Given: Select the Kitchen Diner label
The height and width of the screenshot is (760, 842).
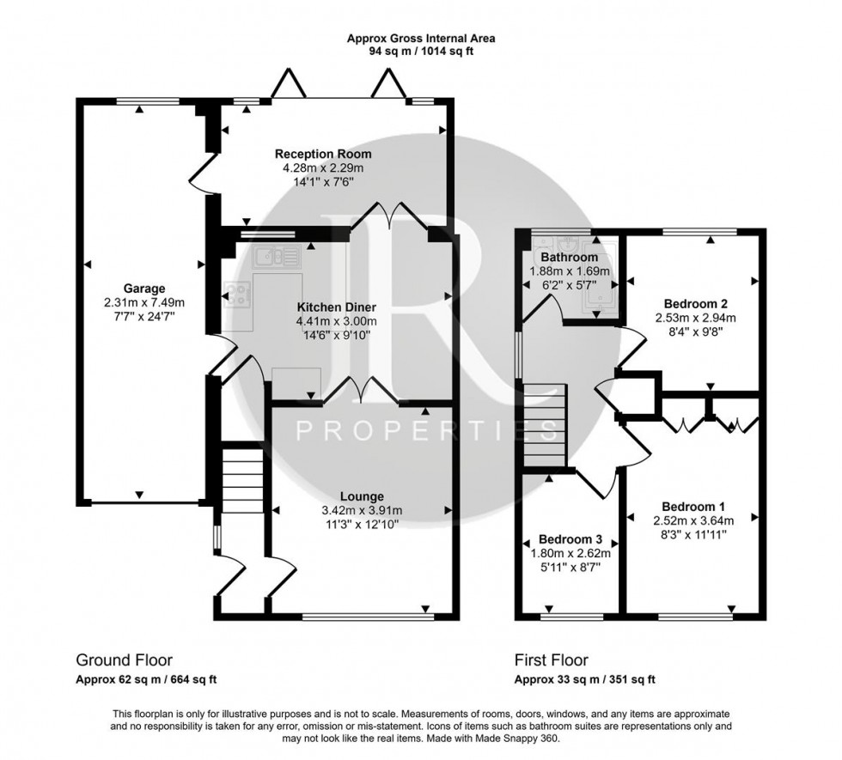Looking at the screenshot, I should (x=335, y=307).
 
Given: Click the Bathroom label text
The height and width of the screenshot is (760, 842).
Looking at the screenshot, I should (x=569, y=257).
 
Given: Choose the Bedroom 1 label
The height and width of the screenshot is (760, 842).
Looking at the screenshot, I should (x=692, y=506).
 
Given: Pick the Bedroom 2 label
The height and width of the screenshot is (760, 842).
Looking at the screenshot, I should (x=696, y=303).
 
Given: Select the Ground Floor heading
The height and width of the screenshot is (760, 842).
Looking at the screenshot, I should (x=124, y=660).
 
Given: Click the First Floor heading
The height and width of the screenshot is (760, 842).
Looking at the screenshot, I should (x=551, y=660).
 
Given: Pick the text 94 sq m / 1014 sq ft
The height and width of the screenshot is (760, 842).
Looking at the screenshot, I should (x=421, y=52).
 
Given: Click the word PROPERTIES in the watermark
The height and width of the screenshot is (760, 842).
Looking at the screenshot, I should (x=406, y=430).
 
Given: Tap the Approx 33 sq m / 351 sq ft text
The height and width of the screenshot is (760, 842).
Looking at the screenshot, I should (x=585, y=679).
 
